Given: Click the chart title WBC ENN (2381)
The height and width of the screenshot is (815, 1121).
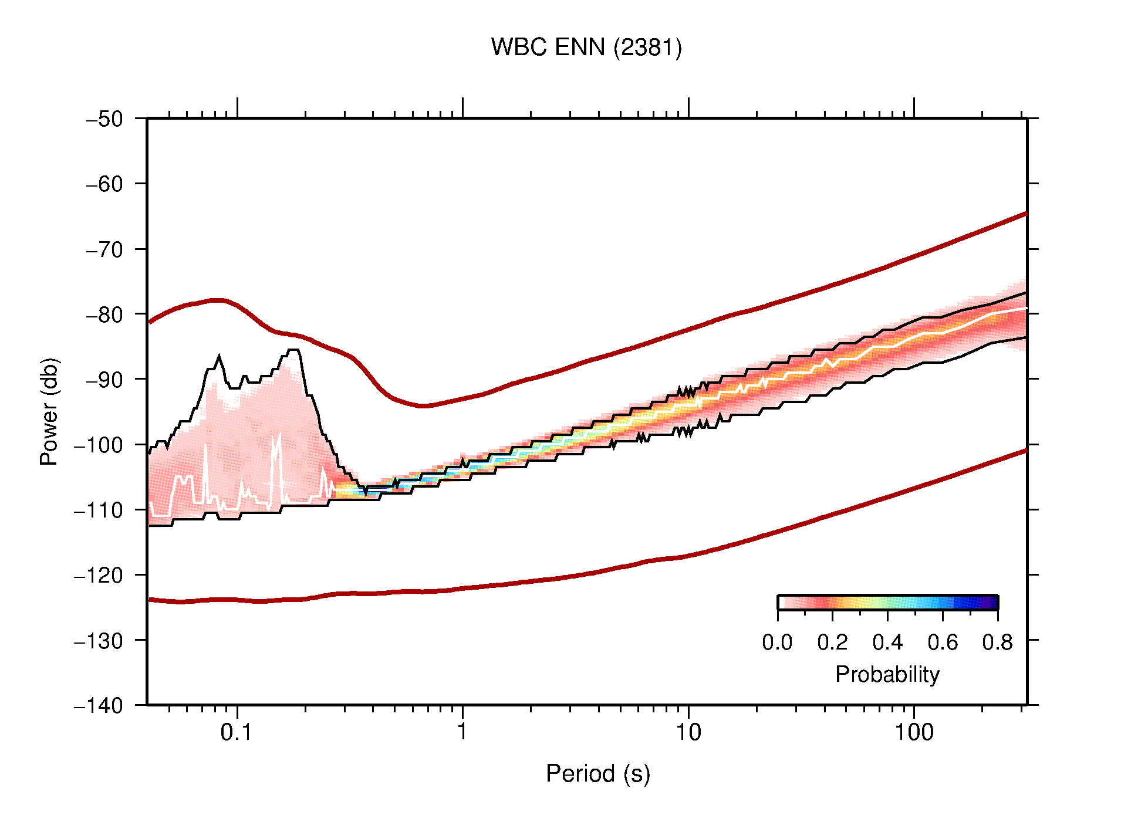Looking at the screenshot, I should pos(586,48).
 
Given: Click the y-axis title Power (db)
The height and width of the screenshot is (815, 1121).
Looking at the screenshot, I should pos(49,411).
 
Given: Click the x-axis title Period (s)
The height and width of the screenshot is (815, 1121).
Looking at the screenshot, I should pos(597,774).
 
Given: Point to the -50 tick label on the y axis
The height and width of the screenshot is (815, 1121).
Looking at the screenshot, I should pos(105,119).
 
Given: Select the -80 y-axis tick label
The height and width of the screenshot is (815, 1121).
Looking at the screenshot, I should pos(105,315).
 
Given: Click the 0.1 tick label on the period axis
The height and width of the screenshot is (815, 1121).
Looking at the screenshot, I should pos(237,733).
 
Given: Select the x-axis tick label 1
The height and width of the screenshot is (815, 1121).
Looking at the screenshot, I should pos(462,733).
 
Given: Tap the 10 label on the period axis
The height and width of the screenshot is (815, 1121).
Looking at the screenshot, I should pos(688,733).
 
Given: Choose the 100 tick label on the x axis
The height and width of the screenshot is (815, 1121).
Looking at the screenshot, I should pos(914,733).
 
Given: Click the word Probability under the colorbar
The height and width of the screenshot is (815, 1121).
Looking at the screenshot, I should pos(887,675).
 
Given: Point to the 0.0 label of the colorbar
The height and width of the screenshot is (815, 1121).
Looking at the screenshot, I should pos(777,643).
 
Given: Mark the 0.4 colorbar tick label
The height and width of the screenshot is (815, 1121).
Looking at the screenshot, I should pos(887,643).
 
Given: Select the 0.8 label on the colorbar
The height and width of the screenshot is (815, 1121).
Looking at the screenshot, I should pos(997,643).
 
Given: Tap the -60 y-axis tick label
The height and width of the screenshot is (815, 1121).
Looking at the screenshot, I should pos(105,184).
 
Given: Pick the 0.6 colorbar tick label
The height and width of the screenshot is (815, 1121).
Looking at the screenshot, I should pos(943,643).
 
